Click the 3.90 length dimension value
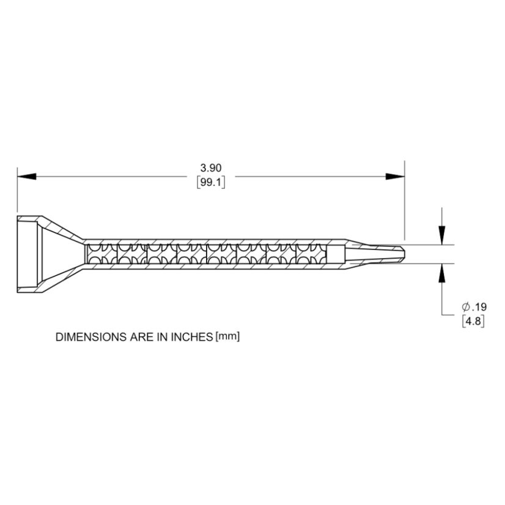pyautogui.click(x=210, y=167)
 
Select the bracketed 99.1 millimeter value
pyautogui.click(x=210, y=182)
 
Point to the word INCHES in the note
pyautogui.click(x=191, y=337)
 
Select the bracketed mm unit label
pyautogui.click(x=230, y=337)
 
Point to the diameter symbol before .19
pyautogui.click(x=465, y=307)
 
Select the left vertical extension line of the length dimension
pyautogui.click(x=18, y=190)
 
